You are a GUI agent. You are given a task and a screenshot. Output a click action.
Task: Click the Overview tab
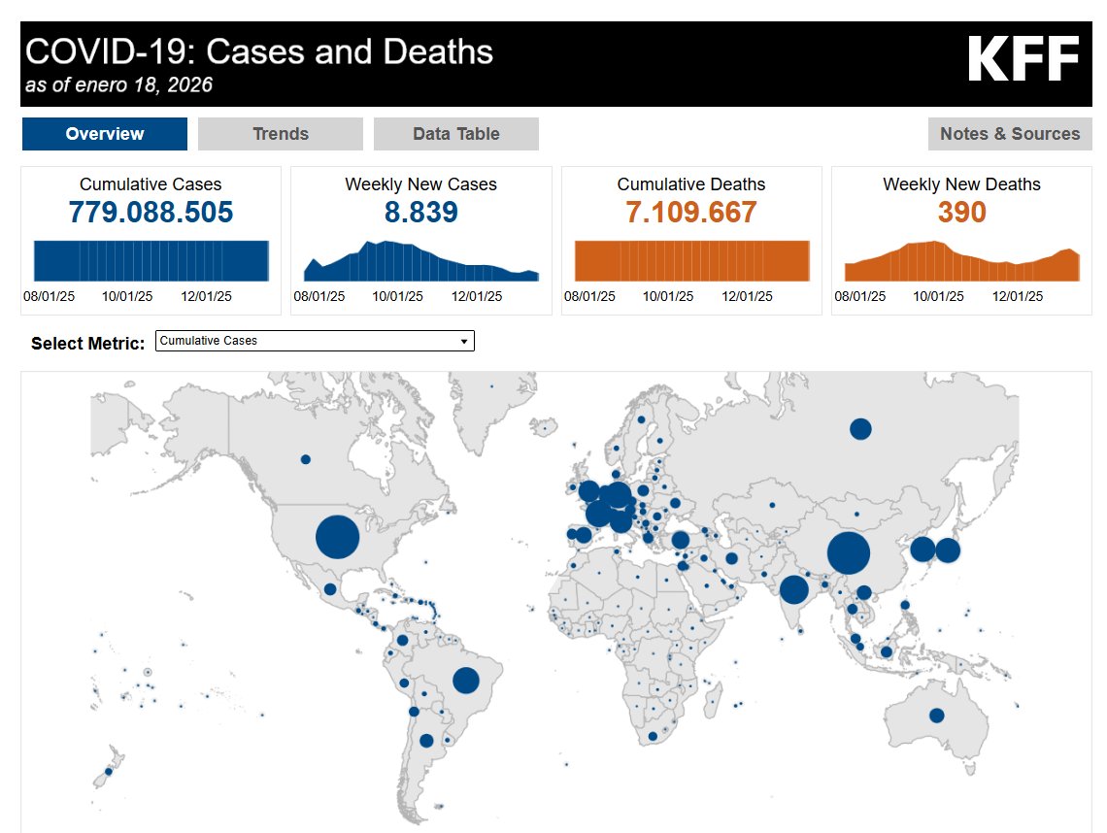point(105,134)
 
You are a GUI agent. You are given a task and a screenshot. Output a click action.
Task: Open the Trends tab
point(281,134)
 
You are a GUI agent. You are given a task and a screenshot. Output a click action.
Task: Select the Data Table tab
point(456,134)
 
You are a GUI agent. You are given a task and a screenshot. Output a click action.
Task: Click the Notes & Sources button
point(1010,134)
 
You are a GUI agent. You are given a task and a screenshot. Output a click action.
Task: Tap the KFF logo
point(1023,60)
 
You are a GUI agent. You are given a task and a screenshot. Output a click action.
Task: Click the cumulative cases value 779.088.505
point(151,212)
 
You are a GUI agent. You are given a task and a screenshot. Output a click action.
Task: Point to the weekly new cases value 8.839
point(420,212)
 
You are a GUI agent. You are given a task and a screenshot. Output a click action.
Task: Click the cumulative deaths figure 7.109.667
point(691,212)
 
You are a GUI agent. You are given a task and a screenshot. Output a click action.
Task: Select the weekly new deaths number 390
point(961,212)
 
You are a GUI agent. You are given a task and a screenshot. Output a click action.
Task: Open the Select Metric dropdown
point(315,341)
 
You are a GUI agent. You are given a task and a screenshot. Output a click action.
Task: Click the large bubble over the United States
point(338,537)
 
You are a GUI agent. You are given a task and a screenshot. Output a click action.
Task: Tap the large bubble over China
point(848,553)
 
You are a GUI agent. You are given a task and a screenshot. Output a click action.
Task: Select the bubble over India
point(794,589)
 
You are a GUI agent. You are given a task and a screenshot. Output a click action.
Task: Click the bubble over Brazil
point(466,681)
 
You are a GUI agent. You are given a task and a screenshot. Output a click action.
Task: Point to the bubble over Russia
point(860,429)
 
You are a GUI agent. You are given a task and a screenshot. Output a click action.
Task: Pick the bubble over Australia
point(936,716)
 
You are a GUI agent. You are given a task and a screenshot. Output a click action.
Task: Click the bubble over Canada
point(305,459)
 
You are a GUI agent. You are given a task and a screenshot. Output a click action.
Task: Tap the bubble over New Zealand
point(109,772)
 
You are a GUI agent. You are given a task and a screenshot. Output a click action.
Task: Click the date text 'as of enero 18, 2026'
point(119,85)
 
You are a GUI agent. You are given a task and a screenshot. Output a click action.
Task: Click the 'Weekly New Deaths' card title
point(961,184)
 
